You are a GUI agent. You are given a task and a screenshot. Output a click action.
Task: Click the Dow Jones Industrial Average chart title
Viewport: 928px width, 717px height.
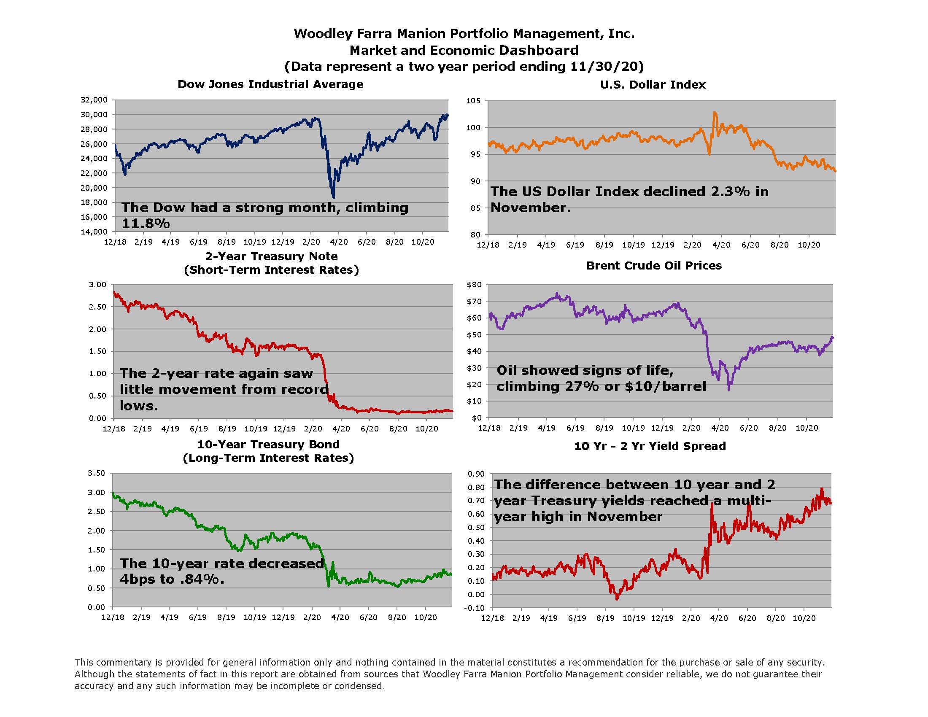click(x=270, y=84)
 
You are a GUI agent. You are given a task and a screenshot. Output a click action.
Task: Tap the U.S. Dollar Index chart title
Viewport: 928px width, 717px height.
click(x=653, y=84)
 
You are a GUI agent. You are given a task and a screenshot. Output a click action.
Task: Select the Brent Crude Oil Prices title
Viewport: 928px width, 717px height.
click(x=654, y=265)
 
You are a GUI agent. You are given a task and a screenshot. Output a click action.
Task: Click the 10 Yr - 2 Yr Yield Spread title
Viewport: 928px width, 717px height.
click(x=650, y=446)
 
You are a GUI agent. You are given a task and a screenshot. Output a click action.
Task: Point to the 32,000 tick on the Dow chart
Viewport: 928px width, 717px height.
click(x=94, y=100)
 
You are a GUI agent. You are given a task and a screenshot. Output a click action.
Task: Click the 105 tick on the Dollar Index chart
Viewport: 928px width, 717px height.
click(x=473, y=101)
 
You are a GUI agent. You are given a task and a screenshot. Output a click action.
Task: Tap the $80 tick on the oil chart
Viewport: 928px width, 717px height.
click(x=474, y=285)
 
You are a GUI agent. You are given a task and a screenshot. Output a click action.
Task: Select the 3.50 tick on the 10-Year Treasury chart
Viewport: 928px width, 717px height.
click(x=96, y=473)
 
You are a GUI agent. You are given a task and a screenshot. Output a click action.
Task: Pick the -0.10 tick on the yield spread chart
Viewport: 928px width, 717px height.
click(x=476, y=608)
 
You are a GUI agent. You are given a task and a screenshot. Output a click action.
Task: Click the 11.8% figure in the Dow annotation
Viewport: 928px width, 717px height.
click(x=146, y=224)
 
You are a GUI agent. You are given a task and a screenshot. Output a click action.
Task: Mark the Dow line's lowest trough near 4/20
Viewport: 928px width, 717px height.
click(x=334, y=197)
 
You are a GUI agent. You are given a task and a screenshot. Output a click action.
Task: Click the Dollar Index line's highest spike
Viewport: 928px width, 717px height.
click(x=715, y=113)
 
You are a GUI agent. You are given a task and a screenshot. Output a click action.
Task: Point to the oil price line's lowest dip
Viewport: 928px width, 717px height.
click(x=729, y=389)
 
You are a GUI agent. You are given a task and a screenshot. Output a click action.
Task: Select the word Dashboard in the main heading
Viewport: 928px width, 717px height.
click(x=538, y=50)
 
